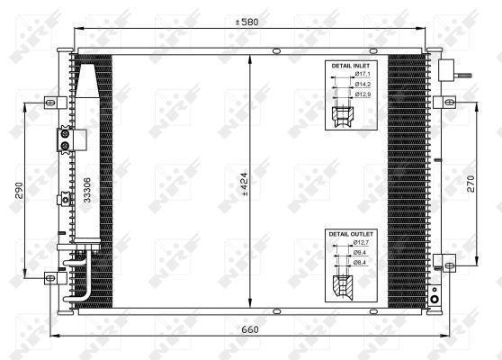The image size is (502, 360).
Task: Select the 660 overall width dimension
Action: (249, 329)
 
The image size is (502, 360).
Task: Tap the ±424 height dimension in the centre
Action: (245, 184)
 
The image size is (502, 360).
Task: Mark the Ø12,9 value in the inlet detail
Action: (363, 94)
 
